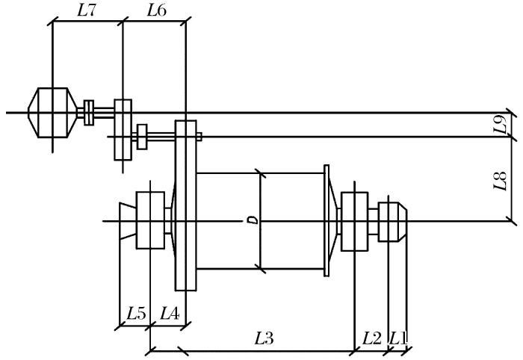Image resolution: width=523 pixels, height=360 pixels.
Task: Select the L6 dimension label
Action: pos(156,10)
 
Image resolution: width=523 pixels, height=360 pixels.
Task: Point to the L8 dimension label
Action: pos(502,180)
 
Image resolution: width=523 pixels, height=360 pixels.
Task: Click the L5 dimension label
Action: pos(135,314)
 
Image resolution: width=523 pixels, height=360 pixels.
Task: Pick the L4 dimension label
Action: pos(169,314)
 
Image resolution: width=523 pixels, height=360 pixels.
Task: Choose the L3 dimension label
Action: pos(264,338)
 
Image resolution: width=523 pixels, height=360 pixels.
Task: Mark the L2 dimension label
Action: pos(371,338)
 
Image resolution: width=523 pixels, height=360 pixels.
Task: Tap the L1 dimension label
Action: pos(397,338)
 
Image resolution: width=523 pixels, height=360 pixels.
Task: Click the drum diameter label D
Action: pos(253,220)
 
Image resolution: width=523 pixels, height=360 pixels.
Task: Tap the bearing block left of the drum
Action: pos(150,220)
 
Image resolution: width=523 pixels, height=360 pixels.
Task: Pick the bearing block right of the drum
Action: pos(353,221)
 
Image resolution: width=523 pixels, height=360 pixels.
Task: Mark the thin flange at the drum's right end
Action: pos(327,221)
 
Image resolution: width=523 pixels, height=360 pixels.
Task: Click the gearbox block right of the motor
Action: pos(123,129)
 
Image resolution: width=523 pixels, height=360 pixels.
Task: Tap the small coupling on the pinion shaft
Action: pos(142,137)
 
